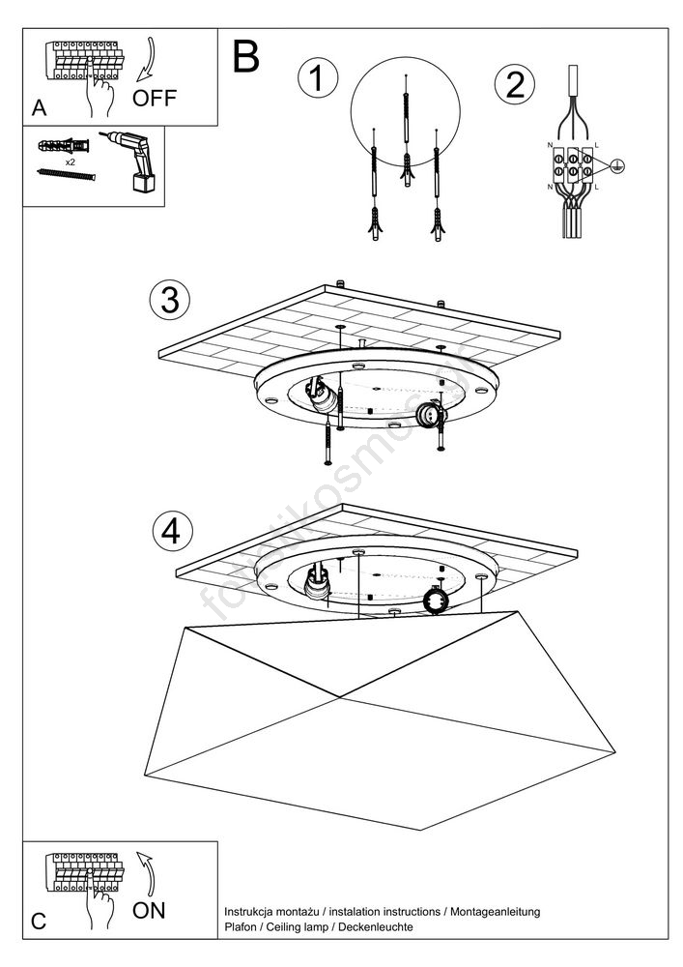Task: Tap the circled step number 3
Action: click(x=171, y=300)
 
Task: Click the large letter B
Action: click(x=246, y=57)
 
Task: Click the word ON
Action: click(x=149, y=909)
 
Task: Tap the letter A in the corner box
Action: click(x=39, y=108)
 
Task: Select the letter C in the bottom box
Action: click(x=39, y=922)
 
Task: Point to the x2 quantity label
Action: click(x=71, y=163)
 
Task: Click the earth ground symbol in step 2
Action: click(x=618, y=166)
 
